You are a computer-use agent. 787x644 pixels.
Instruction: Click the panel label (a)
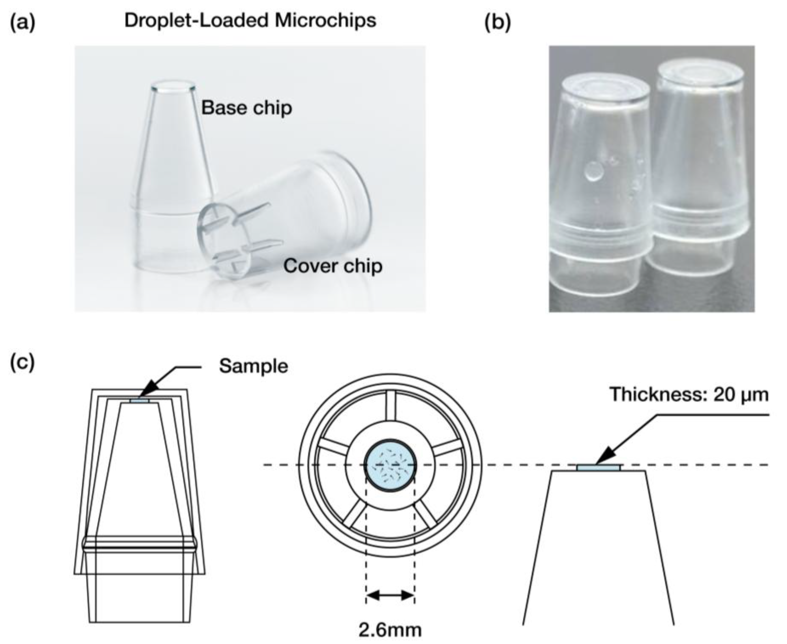point(23,22)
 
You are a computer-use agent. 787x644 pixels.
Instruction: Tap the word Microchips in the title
point(325,20)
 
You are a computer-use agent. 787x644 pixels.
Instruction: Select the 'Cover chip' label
point(333,266)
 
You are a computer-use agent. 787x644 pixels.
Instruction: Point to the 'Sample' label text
point(253,366)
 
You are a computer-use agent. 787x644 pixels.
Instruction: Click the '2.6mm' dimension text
point(390,630)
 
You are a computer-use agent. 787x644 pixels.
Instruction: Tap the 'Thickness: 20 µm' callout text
point(689,394)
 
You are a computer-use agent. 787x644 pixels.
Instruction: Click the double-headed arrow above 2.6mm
point(390,595)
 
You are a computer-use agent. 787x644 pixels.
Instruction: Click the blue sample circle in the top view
point(390,466)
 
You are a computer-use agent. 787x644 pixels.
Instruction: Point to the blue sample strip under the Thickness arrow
point(598,468)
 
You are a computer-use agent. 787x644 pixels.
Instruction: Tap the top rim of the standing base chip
point(173,87)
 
